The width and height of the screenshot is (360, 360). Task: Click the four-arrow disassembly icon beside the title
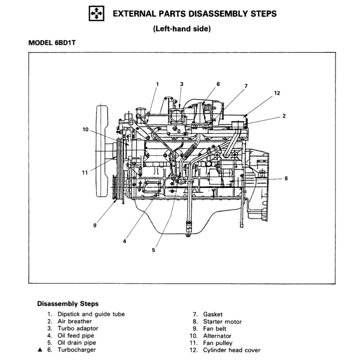pos(96,14)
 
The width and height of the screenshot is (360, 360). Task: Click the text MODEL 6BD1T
pos(52,43)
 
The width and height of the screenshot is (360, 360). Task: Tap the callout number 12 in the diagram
pos(277,93)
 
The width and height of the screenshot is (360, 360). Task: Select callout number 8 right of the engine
pos(286,178)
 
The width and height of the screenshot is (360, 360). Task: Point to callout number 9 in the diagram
pos(95,225)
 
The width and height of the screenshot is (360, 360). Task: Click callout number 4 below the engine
pos(124,242)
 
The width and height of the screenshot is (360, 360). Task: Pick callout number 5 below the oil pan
pos(153,250)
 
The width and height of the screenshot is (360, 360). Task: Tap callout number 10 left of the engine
pos(85,129)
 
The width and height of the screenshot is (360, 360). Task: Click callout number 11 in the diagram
pos(85,173)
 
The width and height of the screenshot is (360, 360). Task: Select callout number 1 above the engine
pos(157,84)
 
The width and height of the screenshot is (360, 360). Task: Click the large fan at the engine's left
pos(102,150)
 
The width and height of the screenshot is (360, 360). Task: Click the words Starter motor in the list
pos(222,321)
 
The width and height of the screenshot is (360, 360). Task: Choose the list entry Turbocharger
pos(76,349)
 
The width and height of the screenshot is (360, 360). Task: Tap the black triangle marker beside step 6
pos(40,349)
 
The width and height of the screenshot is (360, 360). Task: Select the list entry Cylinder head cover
pos(232,350)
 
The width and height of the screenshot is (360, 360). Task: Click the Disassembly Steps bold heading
pos(68,303)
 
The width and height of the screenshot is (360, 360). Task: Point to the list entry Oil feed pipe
pos(76,335)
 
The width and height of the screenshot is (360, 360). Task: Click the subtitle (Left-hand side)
pos(182,29)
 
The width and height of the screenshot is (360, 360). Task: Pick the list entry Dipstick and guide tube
pos(91,314)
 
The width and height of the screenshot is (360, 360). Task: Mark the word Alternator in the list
pos(217,336)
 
